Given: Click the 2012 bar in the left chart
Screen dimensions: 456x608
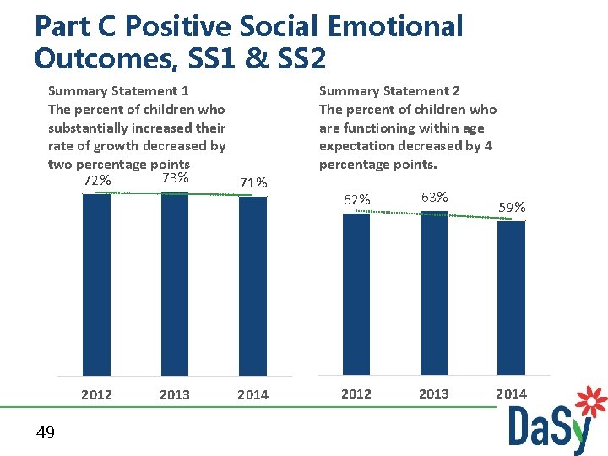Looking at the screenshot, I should tap(96, 285).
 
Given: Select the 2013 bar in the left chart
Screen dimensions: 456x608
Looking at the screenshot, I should tap(174, 284).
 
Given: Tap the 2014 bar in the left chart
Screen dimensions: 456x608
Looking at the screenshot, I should tap(252, 286).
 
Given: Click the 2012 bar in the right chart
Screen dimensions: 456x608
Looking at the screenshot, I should tap(356, 294).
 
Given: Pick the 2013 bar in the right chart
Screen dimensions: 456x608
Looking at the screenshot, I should tap(433, 293).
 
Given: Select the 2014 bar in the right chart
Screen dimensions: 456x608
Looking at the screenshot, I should tap(511, 298).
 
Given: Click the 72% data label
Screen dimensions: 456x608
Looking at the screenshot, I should tap(97, 181).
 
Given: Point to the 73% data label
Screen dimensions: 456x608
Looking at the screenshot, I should tap(174, 178).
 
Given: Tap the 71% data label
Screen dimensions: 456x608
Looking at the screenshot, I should tap(253, 182).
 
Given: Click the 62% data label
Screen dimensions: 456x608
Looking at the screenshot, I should tap(356, 200).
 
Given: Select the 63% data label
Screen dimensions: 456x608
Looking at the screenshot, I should tap(434, 197).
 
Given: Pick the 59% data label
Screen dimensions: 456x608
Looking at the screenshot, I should tap(512, 207).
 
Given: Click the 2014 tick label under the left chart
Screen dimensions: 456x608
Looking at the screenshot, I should tap(252, 394).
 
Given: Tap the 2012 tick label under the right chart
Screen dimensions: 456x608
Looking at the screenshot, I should tap(356, 394).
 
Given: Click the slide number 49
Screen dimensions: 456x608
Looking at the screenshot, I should tap(46, 433).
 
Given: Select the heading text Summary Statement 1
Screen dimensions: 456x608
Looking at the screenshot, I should tap(118, 90).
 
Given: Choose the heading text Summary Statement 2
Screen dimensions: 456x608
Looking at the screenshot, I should tap(388, 90).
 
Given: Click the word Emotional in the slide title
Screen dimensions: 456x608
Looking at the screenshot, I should tap(394, 26).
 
